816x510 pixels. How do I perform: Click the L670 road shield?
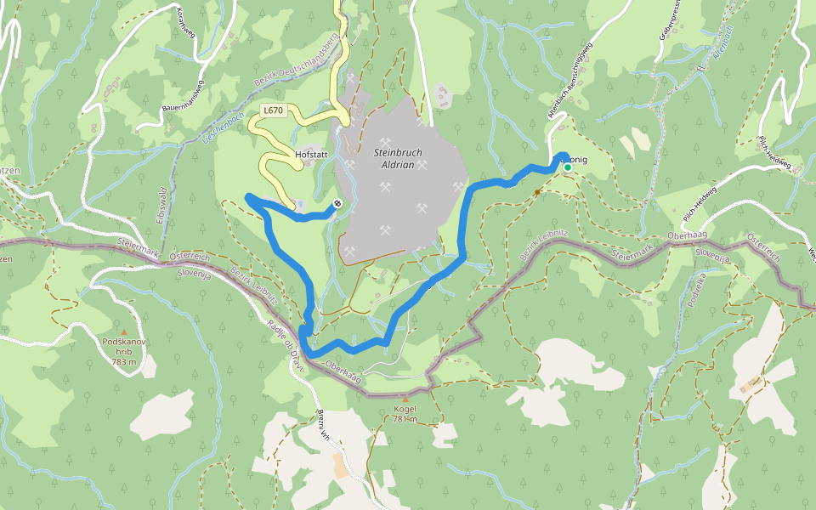[273, 110]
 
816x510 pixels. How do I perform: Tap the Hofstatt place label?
[310, 156]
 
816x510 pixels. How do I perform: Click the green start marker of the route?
[567, 167]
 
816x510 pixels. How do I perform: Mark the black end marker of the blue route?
[337, 203]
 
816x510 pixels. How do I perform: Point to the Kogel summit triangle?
[405, 398]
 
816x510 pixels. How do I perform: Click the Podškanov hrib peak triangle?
[124, 331]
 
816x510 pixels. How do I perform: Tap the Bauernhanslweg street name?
[183, 97]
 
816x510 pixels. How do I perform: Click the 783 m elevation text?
[123, 361]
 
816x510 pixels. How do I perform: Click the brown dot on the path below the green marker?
[537, 191]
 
